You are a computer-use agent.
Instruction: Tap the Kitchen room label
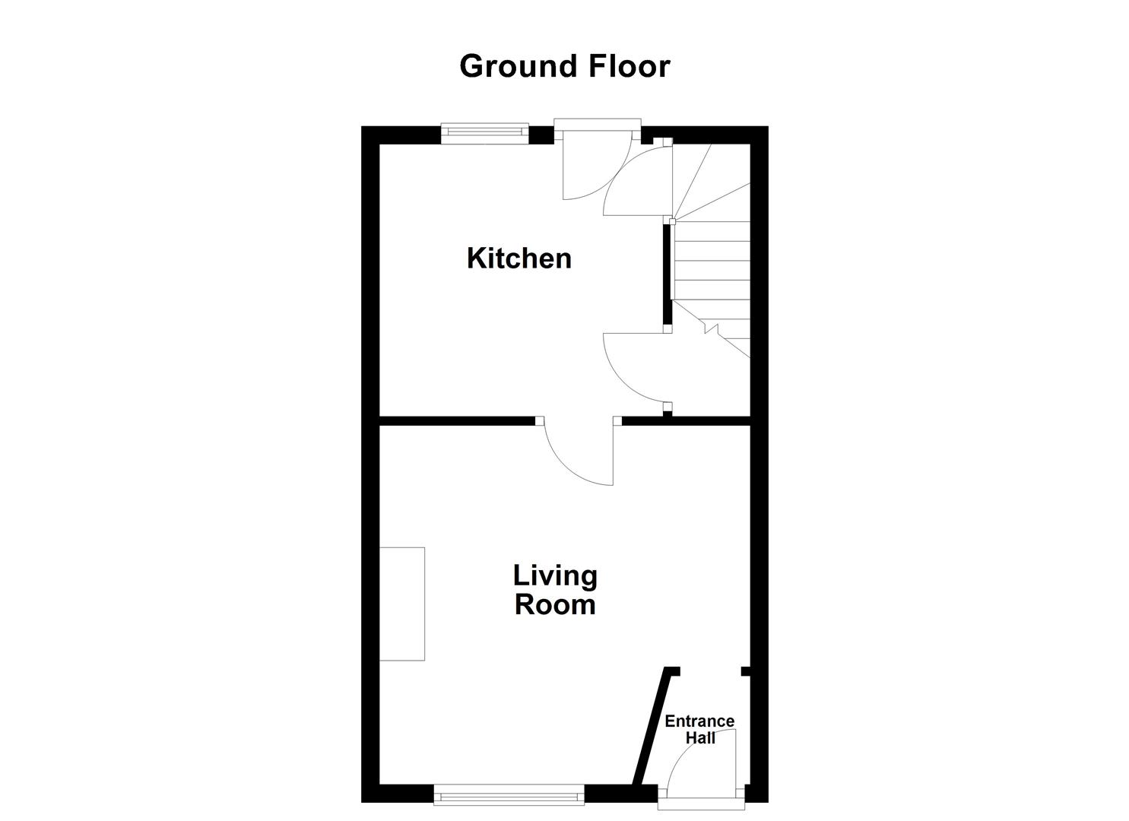pos(519,258)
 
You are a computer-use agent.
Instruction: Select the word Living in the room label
pos(555,575)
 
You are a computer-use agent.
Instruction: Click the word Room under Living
pos(555,605)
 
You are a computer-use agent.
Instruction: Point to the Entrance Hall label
pos(699,729)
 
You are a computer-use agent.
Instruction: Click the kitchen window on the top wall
pos(485,134)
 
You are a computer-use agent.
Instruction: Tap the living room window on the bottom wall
pos(509,796)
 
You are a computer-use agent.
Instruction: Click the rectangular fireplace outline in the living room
pos(402,604)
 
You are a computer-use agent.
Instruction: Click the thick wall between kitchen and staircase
pos(668,274)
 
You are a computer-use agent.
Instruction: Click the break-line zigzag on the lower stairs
pos(711,328)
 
